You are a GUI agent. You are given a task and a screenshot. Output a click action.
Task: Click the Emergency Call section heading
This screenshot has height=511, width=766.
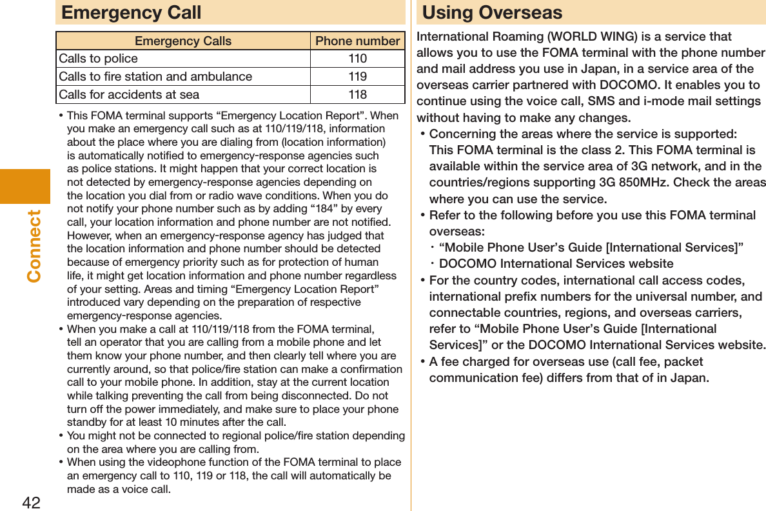[x=131, y=12]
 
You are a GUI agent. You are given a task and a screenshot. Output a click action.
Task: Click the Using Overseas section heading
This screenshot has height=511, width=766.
[x=492, y=12]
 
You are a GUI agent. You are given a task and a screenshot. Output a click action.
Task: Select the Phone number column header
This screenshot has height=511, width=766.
[x=357, y=41]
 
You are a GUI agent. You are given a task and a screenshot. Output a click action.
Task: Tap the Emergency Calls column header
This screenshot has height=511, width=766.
[x=183, y=41]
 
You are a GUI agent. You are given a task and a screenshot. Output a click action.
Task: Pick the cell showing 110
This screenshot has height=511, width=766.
[x=357, y=59]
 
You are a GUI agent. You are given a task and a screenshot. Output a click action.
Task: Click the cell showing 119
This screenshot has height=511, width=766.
[x=357, y=77]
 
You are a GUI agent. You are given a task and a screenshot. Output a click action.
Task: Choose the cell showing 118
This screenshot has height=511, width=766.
[x=357, y=95]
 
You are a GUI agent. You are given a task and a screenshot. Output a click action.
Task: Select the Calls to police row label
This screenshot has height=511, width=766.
[x=99, y=59]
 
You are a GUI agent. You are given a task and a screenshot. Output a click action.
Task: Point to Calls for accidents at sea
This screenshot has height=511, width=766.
[x=129, y=95]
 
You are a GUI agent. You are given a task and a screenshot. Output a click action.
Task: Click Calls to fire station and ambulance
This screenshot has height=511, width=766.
[x=155, y=77]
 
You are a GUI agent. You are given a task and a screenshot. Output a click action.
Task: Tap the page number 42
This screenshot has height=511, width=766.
[x=31, y=502]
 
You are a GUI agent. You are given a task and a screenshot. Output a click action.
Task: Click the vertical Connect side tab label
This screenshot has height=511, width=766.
[x=34, y=245]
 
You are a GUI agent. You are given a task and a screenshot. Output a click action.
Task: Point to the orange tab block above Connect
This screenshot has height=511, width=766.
[x=25, y=186]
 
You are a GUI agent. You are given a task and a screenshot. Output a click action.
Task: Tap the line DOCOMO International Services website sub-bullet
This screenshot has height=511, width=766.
[x=556, y=264]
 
